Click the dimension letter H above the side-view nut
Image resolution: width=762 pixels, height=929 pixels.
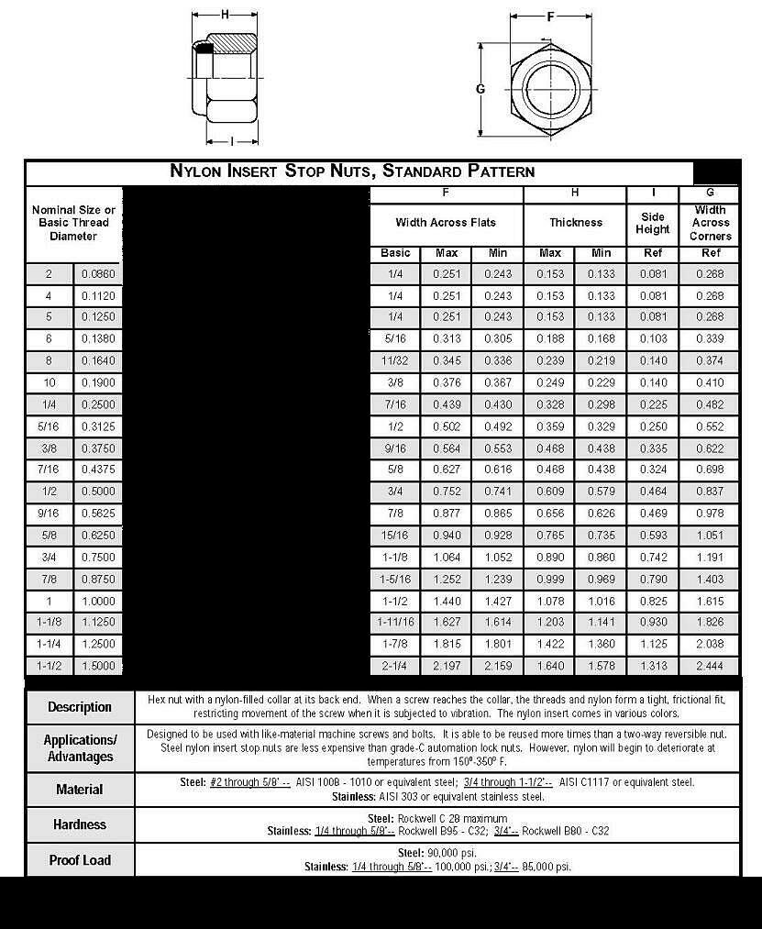224,14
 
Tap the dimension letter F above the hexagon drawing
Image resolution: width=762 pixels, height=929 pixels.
550,16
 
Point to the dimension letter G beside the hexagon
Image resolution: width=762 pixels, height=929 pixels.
480,89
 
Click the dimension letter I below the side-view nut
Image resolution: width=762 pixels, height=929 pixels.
231,140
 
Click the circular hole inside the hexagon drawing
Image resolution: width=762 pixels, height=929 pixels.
551,88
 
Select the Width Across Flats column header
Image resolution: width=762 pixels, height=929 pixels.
446,223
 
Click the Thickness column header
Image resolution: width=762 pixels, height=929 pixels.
576,223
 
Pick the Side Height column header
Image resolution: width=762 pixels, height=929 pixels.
652,223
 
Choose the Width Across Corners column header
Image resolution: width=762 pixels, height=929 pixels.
711,223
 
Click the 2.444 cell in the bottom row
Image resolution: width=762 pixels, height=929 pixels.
711,665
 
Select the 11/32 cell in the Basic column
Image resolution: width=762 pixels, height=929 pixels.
395,361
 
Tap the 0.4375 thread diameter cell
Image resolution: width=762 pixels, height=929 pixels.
98,470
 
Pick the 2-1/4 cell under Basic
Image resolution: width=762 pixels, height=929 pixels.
395,665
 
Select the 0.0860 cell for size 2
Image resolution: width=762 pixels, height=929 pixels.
98,274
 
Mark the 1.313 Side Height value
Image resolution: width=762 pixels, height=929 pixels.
652,665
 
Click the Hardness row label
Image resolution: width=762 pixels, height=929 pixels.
80,824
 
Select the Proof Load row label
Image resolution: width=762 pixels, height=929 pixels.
80,860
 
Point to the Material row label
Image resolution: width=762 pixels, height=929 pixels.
80,790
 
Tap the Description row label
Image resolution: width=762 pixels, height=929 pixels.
80,707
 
